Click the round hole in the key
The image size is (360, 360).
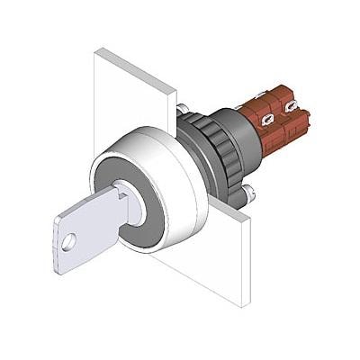pyautogui.click(x=67, y=241)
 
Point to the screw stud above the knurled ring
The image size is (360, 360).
pyautogui.click(x=183, y=110)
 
